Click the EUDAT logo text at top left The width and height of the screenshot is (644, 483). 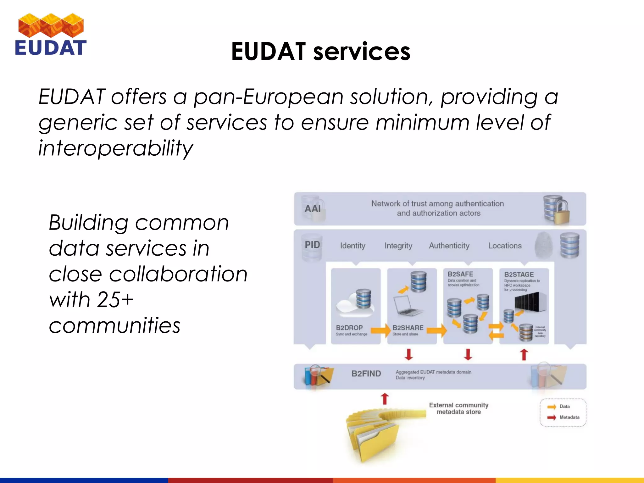pyautogui.click(x=50, y=48)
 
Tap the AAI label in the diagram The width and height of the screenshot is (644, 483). pyautogui.click(x=313, y=208)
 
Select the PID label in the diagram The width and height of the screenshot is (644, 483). pyautogui.click(x=312, y=245)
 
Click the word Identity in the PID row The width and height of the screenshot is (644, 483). pyautogui.click(x=353, y=246)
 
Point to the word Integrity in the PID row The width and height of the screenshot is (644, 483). pyautogui.click(x=398, y=246)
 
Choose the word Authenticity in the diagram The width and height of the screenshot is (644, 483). pyautogui.click(x=449, y=246)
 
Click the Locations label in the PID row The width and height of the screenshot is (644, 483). pyautogui.click(x=504, y=246)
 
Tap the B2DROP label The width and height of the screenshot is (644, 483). pyautogui.click(x=349, y=328)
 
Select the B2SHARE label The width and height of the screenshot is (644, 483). pyautogui.click(x=408, y=328)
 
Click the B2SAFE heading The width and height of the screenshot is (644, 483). pyautogui.click(x=460, y=274)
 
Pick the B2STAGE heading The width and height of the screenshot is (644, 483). pyautogui.click(x=519, y=275)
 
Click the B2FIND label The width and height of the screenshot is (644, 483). pyautogui.click(x=366, y=374)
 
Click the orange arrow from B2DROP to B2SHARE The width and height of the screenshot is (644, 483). pyautogui.click(x=380, y=330)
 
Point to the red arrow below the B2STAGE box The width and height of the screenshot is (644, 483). pyautogui.click(x=524, y=354)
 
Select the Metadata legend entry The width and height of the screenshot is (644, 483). pyautogui.click(x=569, y=417)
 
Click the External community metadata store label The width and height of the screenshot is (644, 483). pyautogui.click(x=458, y=408)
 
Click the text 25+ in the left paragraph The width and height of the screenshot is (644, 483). pyautogui.click(x=115, y=299)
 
